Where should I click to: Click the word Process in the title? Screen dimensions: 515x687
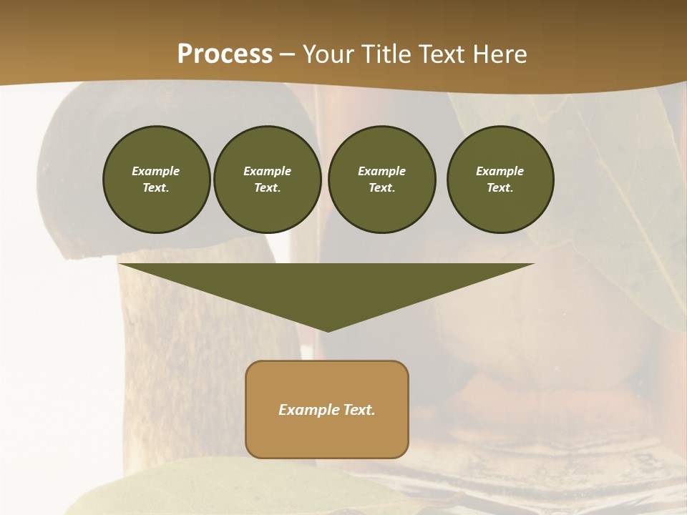pos(225,54)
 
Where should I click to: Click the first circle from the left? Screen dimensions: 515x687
pos(156,180)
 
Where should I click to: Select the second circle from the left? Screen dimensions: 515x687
pos(267,180)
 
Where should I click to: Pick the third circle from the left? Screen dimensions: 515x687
pos(381,180)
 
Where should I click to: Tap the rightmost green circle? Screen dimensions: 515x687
pos(500,180)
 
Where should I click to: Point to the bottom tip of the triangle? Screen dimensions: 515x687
pos(328,330)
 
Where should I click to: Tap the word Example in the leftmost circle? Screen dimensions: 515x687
pos(156,171)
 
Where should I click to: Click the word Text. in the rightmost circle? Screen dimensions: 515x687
pos(500,188)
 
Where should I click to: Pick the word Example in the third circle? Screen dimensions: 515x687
pos(381,171)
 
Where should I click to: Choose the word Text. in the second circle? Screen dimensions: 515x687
pos(267,188)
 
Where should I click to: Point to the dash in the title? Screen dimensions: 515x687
pos(288,54)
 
